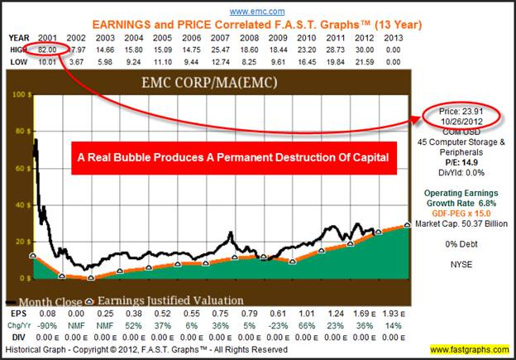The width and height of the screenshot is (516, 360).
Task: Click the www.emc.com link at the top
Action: click(x=258, y=12)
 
